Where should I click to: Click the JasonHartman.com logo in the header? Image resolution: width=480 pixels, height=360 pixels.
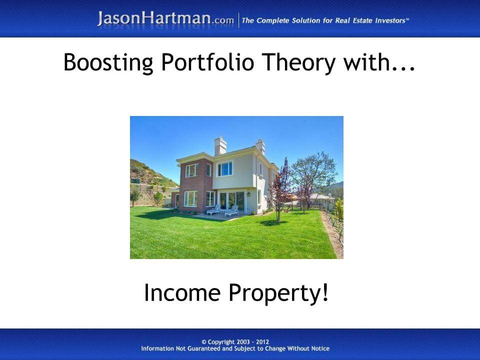[165, 19]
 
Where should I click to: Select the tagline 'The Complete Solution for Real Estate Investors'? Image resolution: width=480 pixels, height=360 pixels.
[325, 20]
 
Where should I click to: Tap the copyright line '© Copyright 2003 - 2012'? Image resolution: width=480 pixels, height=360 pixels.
[235, 342]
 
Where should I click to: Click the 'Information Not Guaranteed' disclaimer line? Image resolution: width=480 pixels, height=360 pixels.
[235, 349]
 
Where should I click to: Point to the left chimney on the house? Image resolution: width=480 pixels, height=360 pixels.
[220, 146]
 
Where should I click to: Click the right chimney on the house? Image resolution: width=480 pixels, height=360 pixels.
[260, 147]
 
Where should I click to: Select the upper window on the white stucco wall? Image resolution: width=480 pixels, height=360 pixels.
[224, 169]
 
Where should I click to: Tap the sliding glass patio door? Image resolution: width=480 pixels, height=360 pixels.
[231, 200]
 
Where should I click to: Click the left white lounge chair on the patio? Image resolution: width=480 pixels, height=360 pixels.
[214, 210]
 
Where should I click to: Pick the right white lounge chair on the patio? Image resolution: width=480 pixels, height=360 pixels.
[231, 211]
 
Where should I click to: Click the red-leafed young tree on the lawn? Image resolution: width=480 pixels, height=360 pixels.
[281, 187]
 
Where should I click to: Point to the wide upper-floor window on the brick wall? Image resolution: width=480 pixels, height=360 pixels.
[191, 170]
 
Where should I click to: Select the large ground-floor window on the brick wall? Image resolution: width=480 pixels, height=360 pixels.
[190, 198]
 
